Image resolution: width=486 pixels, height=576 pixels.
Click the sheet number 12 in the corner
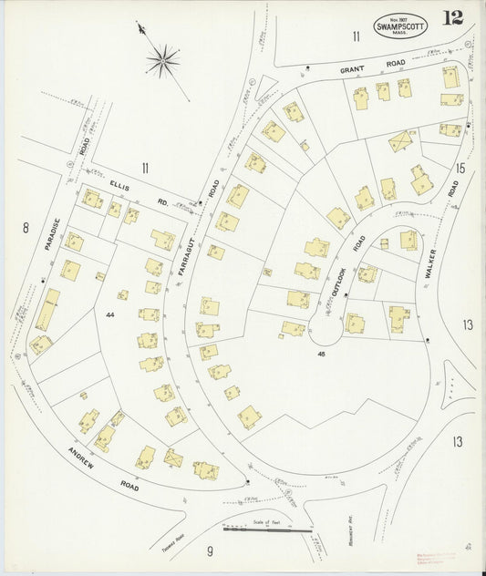[452, 17]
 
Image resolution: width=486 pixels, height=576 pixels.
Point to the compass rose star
[162, 61]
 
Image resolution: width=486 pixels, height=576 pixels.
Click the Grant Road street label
[359, 68]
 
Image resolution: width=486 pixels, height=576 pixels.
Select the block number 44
[111, 314]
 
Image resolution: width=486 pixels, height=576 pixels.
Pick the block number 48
[321, 352]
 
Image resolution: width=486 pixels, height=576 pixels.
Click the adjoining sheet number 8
[26, 228]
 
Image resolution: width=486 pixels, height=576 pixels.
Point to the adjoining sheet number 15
[460, 168]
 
